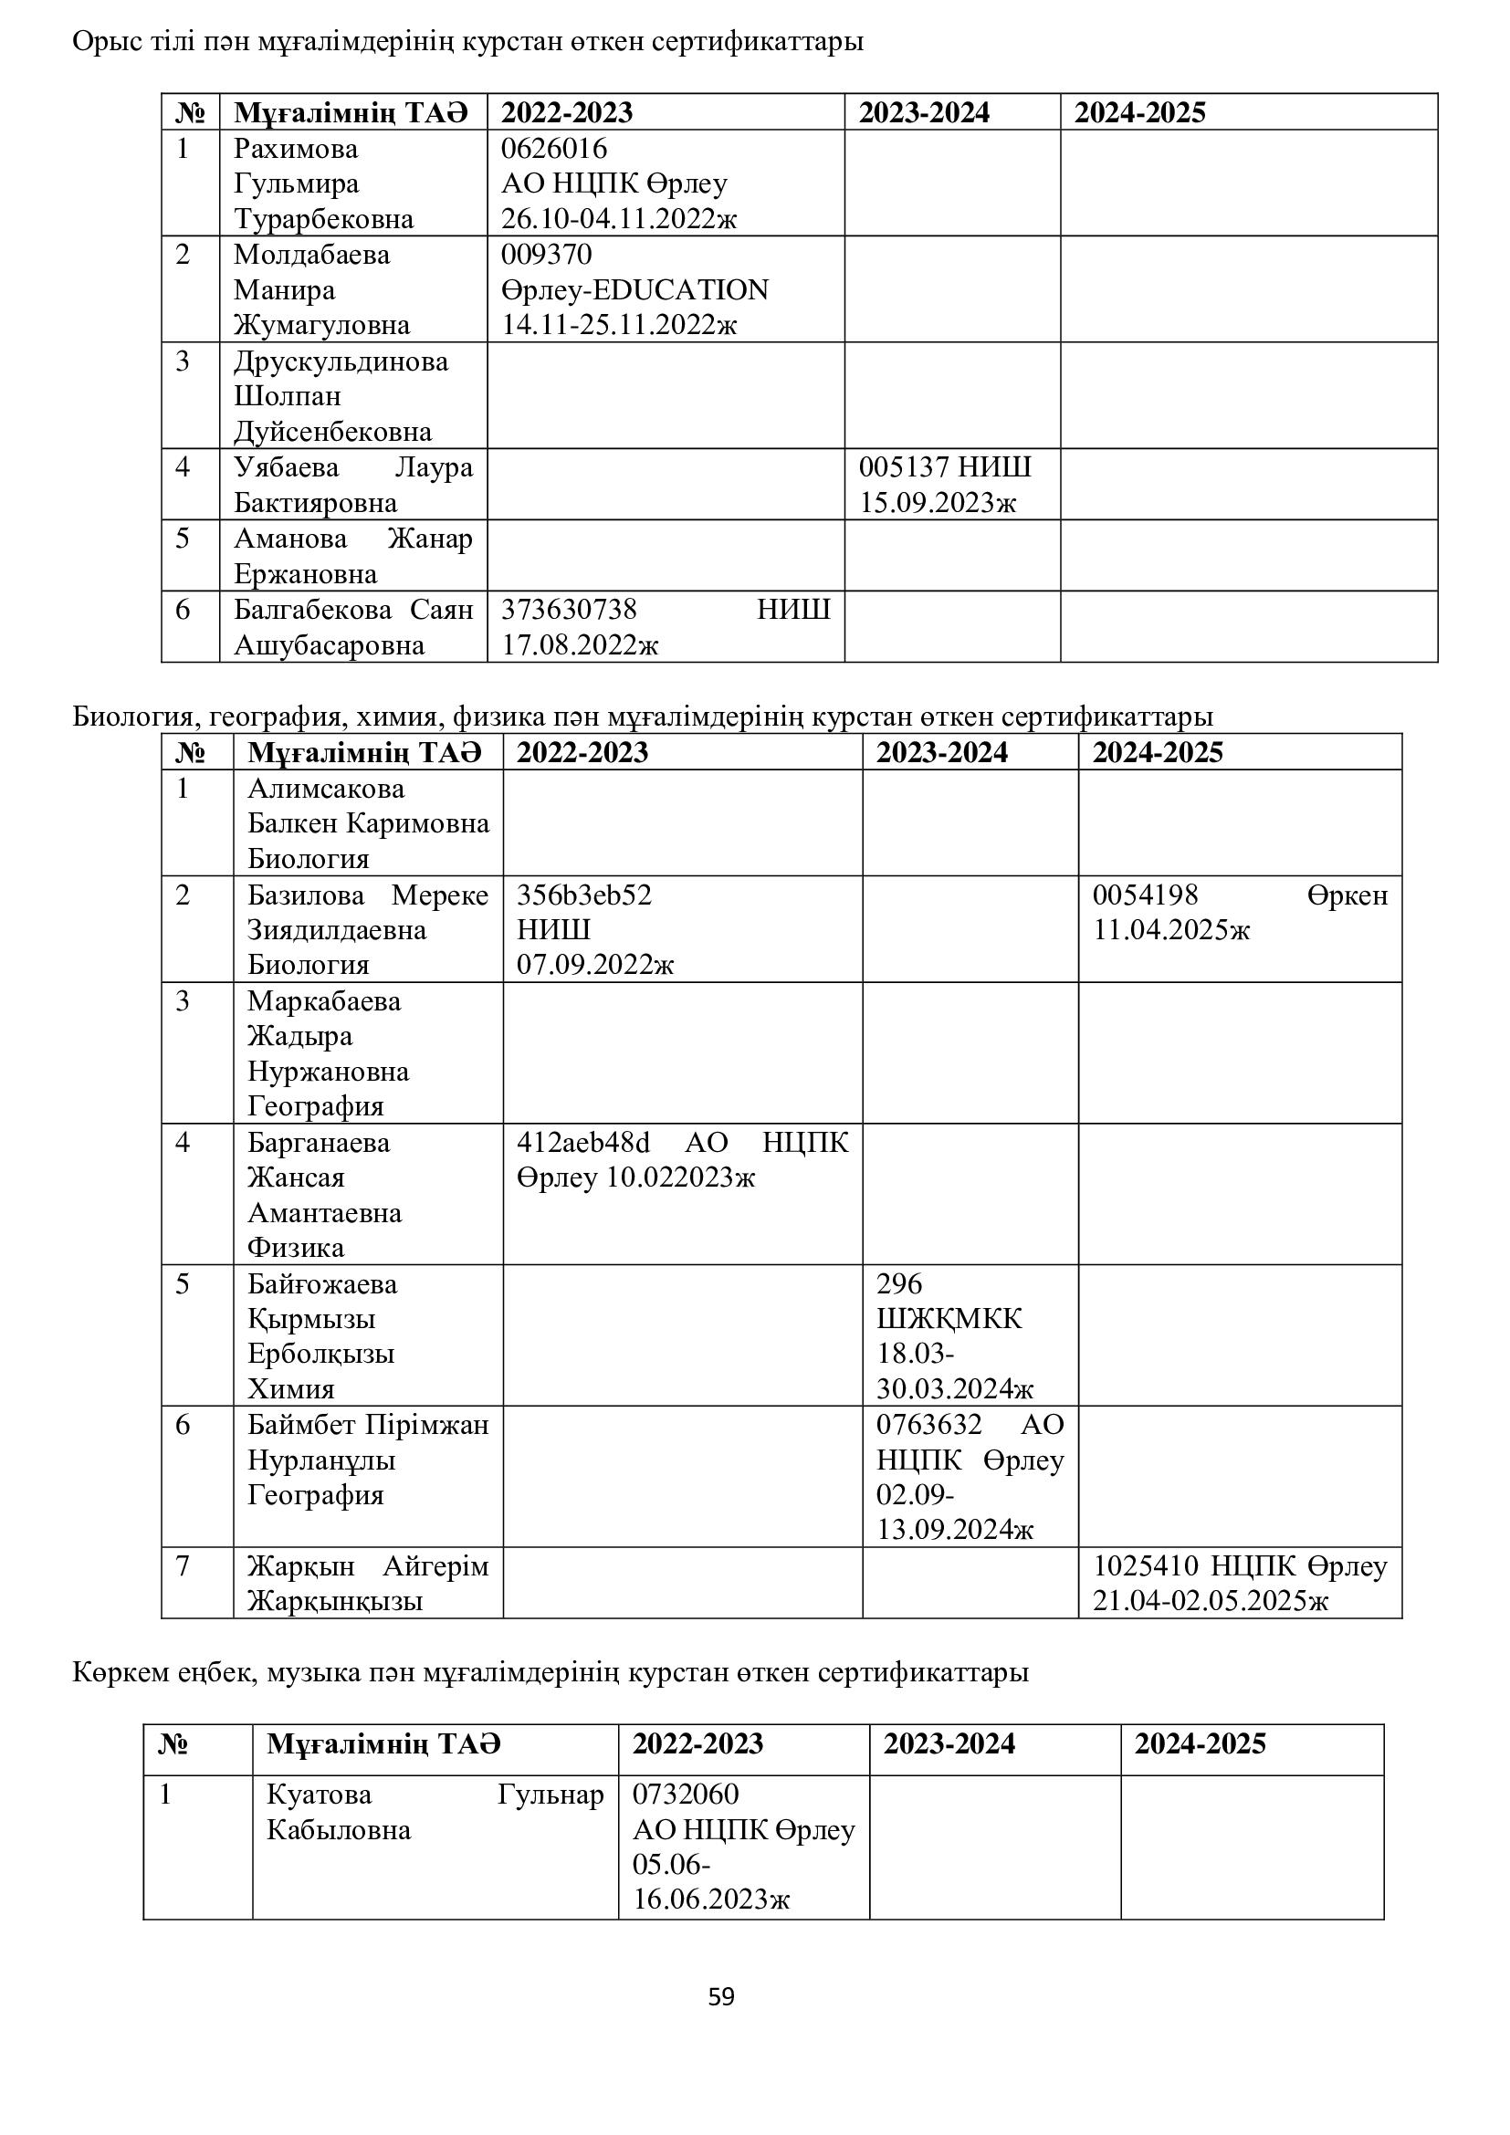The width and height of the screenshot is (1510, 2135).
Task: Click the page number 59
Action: [x=720, y=1996]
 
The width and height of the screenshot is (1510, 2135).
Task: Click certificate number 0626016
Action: [x=553, y=149]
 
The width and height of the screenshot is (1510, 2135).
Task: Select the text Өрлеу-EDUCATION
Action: [x=635, y=290]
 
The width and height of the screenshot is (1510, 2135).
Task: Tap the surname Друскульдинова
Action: [x=341, y=361]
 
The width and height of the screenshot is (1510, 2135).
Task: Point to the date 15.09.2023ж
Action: [x=938, y=503]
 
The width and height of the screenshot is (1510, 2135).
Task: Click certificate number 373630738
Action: [x=569, y=610]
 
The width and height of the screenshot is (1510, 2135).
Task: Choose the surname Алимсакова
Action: [x=325, y=789]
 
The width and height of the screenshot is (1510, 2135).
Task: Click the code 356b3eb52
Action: [x=584, y=895]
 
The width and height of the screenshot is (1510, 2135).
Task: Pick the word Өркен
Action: [x=1347, y=895]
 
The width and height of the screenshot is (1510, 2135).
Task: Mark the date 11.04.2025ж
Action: [x=1171, y=930]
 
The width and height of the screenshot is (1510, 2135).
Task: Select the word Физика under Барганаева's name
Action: [x=296, y=1248]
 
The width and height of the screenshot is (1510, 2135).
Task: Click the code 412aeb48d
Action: [x=583, y=1142]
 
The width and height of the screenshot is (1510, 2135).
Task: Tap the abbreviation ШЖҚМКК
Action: [x=949, y=1319]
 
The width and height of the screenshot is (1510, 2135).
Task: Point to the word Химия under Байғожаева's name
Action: [x=291, y=1389]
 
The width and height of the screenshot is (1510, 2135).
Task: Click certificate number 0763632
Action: [x=928, y=1425]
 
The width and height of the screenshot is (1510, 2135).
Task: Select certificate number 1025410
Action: [x=1145, y=1566]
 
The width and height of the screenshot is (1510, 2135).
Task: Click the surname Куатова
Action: [x=319, y=1795]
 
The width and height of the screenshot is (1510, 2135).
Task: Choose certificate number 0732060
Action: [x=686, y=1794]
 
